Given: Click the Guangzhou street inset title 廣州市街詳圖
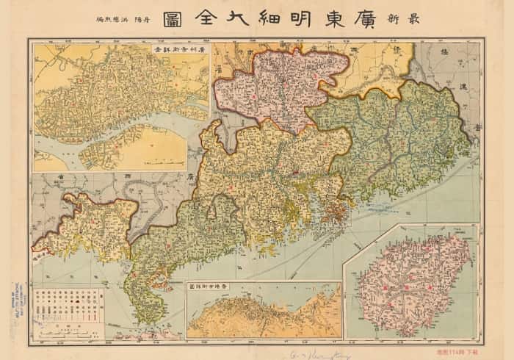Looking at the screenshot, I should click(181, 48).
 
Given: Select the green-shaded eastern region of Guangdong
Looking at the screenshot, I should click(397, 140).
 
